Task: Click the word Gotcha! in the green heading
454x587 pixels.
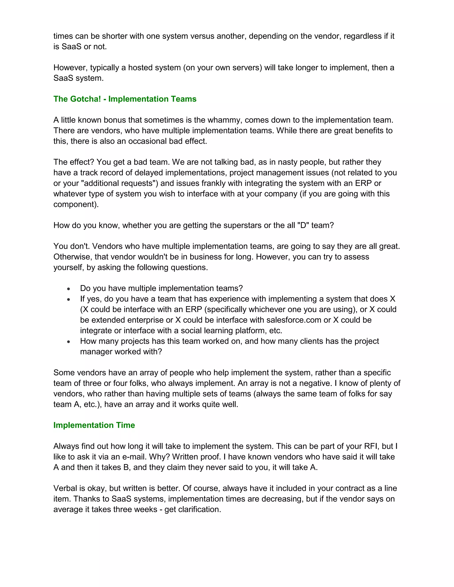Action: point(85,99)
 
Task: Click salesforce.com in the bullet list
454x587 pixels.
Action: point(294,320)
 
